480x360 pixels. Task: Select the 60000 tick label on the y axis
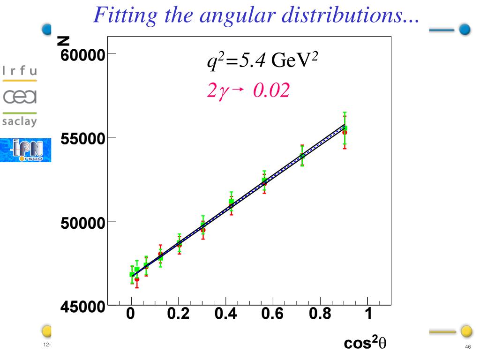(x=82, y=54)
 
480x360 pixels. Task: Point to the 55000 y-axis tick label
(x=82, y=139)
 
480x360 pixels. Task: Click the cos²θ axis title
(x=365, y=344)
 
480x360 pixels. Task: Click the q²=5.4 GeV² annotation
(x=263, y=61)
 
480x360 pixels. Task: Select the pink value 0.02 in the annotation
(x=271, y=90)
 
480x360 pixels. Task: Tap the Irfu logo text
(x=20, y=71)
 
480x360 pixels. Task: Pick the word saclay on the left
(x=20, y=120)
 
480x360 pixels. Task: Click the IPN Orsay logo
(x=25, y=150)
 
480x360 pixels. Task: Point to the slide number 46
(x=467, y=346)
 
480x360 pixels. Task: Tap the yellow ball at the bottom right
(x=466, y=331)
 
